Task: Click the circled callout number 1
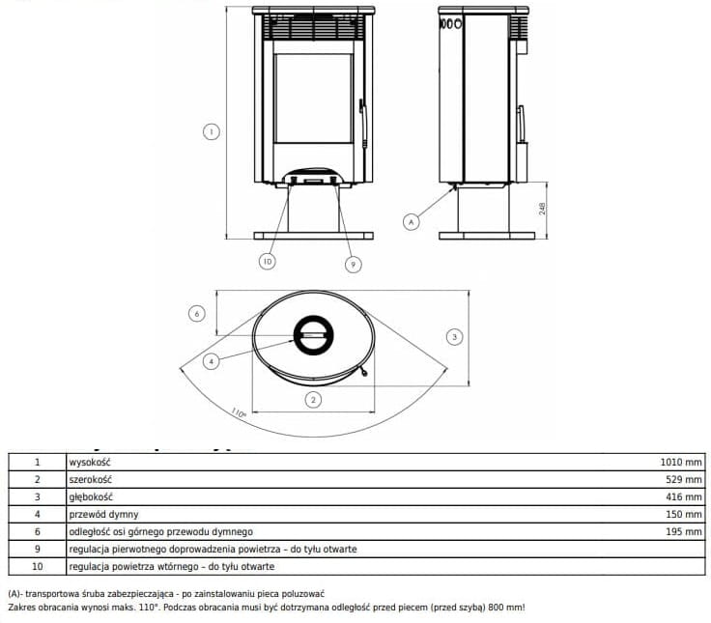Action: coord(211,132)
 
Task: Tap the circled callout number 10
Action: coord(268,261)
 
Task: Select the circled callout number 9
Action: coord(354,265)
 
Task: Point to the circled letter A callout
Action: coord(412,222)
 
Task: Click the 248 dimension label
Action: coord(542,209)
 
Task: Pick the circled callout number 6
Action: coord(197,313)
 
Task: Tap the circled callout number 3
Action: coord(454,336)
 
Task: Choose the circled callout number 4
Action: coord(211,361)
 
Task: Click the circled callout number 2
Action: coord(313,400)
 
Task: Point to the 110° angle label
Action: coord(239,412)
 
